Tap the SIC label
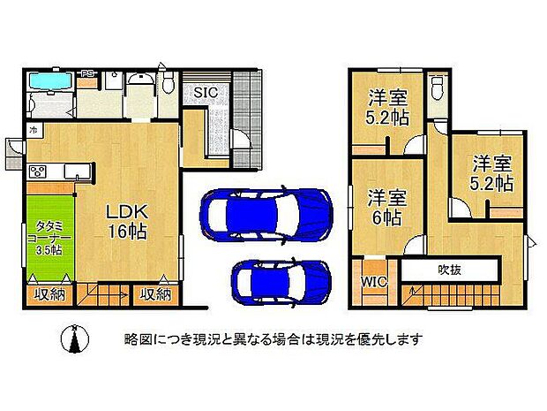coord(206,92)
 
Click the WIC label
coord(371,283)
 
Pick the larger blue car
coord(266,215)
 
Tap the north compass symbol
coord(74,339)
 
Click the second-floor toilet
coord(438,87)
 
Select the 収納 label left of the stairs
coord(49,294)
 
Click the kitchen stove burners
coord(40,171)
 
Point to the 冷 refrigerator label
coord(33,131)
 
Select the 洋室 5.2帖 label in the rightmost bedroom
coord(491,174)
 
